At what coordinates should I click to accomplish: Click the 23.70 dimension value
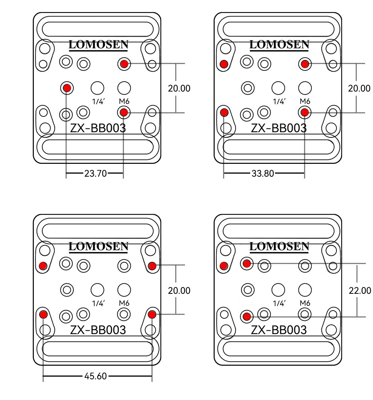(96, 173)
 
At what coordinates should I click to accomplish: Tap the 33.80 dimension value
(263, 173)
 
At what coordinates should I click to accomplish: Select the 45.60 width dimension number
(96, 376)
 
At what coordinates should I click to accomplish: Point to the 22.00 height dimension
(359, 290)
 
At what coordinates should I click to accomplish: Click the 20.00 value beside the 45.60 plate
(179, 290)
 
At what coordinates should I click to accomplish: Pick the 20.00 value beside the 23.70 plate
(179, 88)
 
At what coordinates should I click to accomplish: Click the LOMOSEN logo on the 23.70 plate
(98, 45)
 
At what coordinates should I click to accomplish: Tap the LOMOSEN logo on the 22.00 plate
(279, 247)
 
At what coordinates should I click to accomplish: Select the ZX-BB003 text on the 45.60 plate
(98, 330)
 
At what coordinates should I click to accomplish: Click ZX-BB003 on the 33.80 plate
(279, 128)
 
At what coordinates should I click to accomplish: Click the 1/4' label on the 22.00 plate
(279, 303)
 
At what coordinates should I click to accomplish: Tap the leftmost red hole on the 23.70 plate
(67, 88)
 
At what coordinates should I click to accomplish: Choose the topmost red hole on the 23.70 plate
(124, 64)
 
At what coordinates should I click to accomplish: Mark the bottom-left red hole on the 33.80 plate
(224, 112)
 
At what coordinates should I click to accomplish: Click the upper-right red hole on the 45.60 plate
(152, 266)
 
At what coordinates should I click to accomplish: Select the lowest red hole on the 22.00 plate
(247, 316)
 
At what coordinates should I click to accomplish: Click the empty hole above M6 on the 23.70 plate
(124, 88)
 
